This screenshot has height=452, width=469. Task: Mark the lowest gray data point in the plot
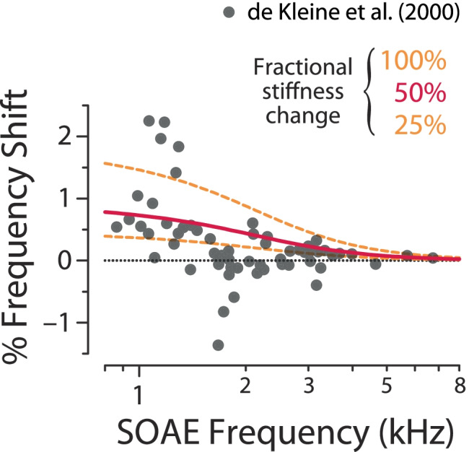(218, 345)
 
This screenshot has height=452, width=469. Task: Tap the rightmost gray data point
(433, 258)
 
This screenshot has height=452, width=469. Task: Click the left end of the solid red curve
(105, 212)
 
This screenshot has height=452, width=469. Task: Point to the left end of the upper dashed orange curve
(105, 163)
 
